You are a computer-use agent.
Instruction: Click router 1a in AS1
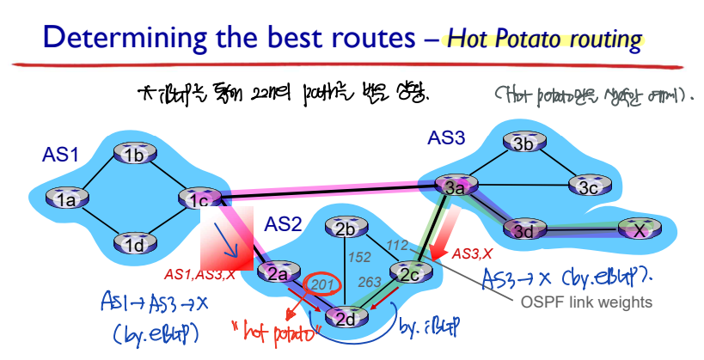coord(67,200)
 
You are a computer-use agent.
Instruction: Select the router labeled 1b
coord(132,155)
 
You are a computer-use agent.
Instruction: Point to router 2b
coord(345,229)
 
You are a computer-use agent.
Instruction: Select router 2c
coord(408,273)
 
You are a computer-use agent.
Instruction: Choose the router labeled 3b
coord(523,143)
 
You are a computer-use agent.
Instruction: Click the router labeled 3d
coord(523,229)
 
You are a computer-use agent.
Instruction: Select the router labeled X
coord(637,229)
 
